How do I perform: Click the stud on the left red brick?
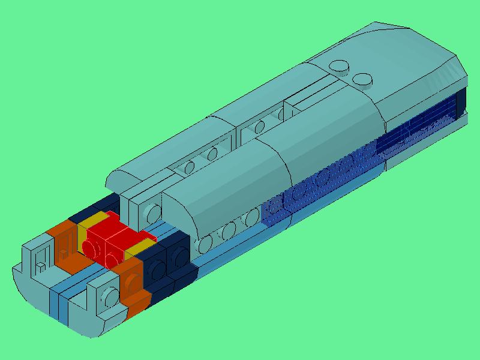click(91, 247)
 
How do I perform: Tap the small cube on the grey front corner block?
click(40, 265)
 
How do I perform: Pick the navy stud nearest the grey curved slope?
click(178, 260)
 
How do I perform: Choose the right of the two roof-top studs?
click(362, 79)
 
